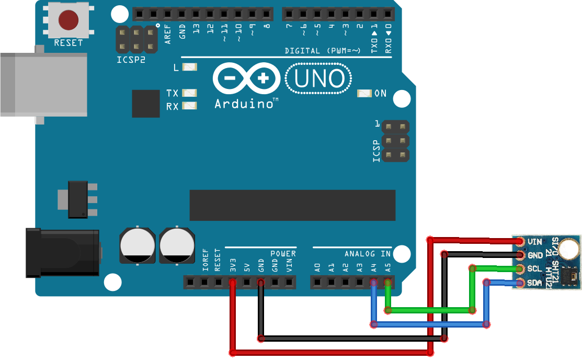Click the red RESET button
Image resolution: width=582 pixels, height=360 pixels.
tap(68, 20)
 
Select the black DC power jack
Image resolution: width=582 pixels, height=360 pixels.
tap(63, 253)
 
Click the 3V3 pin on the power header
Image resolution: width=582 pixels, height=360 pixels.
tap(233, 283)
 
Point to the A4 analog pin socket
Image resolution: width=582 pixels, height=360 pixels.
tap(373, 283)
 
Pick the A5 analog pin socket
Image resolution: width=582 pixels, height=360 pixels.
tap(387, 283)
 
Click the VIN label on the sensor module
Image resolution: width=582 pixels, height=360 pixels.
tap(535, 242)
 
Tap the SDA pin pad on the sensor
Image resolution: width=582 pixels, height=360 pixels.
tap(520, 283)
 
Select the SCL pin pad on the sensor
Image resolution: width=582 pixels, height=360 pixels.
tap(520, 269)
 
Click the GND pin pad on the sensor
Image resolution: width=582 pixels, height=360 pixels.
tap(520, 255)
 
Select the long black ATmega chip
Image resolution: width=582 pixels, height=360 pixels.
tap(292, 205)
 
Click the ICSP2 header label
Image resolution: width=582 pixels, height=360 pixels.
tap(131, 60)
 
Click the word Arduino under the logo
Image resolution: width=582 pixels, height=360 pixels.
tap(244, 104)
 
